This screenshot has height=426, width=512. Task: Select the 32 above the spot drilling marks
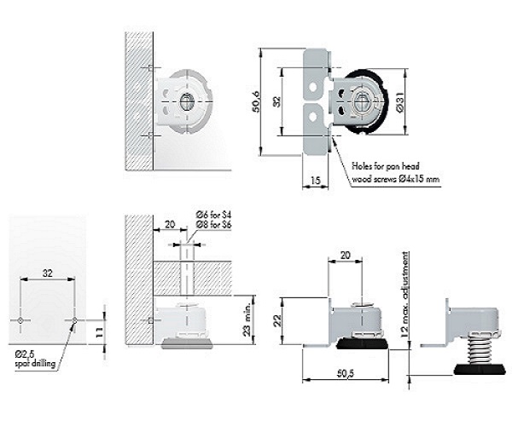(49, 273)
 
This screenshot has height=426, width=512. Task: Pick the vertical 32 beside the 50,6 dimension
(276, 101)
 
